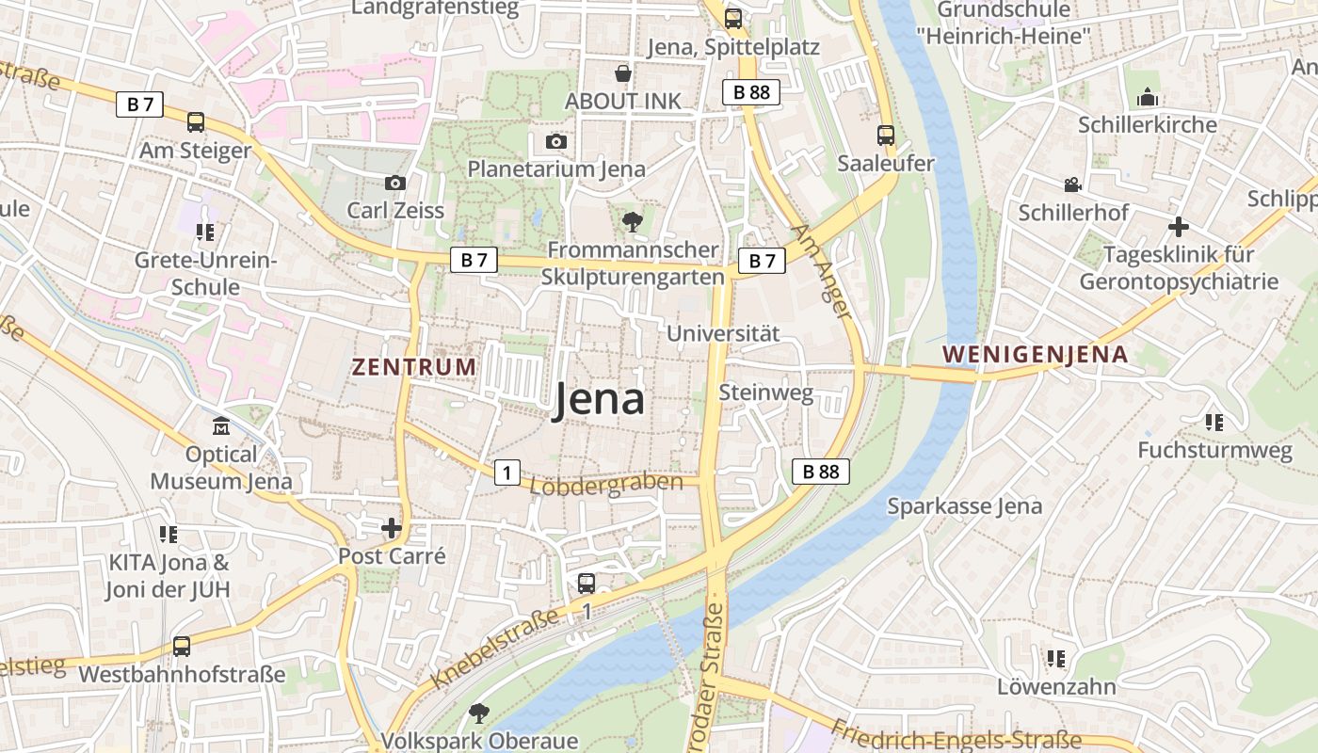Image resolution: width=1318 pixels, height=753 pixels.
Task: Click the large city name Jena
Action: [599, 399]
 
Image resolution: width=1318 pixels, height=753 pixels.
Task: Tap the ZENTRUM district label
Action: [414, 367]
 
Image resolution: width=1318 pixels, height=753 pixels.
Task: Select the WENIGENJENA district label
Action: [1036, 355]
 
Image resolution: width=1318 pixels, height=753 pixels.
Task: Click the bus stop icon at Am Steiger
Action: [196, 122]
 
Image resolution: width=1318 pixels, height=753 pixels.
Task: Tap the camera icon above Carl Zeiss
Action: [395, 183]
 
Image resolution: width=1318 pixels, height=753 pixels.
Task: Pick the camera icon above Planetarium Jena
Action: [556, 142]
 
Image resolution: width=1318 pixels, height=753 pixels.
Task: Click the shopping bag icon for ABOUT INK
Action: [622, 73]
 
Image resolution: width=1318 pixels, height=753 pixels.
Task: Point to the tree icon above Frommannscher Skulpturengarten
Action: [632, 222]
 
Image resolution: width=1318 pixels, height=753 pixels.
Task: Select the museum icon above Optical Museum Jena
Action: [221, 426]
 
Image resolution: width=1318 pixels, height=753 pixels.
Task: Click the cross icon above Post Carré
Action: [392, 528]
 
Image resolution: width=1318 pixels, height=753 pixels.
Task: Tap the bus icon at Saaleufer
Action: [886, 136]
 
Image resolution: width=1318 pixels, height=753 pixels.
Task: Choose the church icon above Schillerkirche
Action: [1147, 97]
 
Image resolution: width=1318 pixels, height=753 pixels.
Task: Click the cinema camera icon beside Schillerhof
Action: [1072, 184]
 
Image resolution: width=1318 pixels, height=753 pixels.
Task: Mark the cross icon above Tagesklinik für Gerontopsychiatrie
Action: [1178, 227]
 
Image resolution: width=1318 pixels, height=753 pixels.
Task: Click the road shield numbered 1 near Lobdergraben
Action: [507, 473]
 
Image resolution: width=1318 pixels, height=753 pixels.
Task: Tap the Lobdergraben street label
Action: [606, 484]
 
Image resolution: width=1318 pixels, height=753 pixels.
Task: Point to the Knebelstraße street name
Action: [496, 649]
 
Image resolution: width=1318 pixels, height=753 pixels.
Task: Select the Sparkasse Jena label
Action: [965, 506]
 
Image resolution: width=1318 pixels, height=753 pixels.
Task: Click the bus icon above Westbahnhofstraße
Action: [182, 647]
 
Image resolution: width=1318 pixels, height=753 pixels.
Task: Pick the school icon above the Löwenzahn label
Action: [1056, 659]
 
